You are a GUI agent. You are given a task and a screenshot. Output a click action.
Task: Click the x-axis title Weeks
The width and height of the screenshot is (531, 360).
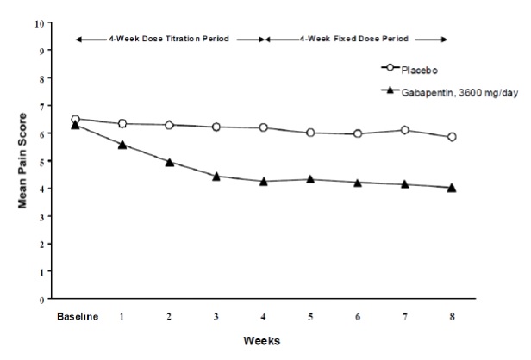(x=262, y=340)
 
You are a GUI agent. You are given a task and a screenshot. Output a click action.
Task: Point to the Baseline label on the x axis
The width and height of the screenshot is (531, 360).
(x=76, y=316)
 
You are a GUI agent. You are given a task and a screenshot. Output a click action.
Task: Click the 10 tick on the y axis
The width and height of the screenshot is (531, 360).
(x=37, y=23)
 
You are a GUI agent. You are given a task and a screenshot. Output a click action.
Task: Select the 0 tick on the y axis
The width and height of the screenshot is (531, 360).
(x=40, y=300)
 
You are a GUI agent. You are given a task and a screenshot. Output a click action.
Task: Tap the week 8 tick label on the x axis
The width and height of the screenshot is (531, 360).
(x=452, y=316)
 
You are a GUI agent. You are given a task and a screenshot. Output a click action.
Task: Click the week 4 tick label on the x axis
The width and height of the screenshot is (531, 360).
(x=263, y=316)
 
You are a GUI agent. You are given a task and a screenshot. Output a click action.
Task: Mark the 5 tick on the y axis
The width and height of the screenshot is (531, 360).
(x=40, y=161)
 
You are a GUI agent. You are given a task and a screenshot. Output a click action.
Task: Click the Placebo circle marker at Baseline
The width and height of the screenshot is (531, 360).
(x=76, y=120)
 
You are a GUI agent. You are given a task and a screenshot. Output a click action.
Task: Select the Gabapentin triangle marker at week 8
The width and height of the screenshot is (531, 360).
(x=452, y=188)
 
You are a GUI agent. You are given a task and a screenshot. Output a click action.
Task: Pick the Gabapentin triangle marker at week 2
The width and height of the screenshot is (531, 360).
(x=170, y=162)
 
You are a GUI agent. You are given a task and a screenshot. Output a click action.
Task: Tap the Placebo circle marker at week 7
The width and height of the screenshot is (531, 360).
(x=404, y=130)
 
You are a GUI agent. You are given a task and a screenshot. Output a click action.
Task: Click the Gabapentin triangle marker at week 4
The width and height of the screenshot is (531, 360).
(x=263, y=182)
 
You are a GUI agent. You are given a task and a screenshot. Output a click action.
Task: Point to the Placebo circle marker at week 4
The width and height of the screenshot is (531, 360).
(x=263, y=127)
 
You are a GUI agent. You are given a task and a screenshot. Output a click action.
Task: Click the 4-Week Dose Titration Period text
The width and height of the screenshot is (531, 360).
(x=170, y=39)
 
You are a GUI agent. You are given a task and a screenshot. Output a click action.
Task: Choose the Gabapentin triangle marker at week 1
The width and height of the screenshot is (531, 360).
(x=122, y=145)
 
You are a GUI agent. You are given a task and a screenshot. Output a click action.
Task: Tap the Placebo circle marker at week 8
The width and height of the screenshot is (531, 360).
(x=452, y=137)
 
